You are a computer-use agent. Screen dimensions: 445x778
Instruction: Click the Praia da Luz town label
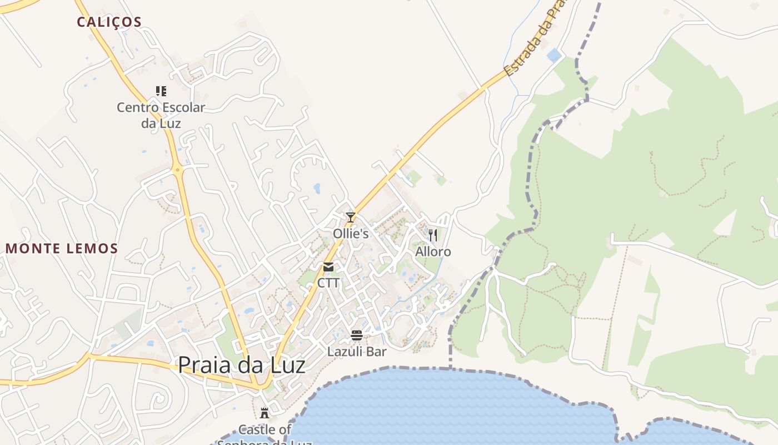pos(242,365)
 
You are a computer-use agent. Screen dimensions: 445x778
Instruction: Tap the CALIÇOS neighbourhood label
pos(109,22)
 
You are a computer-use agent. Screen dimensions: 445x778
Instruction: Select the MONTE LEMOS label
pos(62,249)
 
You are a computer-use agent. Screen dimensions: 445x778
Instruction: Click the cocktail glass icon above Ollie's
pos(350,217)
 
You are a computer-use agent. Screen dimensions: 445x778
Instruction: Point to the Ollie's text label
pos(351,234)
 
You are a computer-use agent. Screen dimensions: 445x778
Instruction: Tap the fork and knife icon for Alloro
pos(433,235)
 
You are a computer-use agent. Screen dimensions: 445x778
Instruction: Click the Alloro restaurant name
pos(433,252)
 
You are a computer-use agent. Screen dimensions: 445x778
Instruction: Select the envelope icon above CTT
pos(328,267)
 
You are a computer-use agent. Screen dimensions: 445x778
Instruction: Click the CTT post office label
pos(328,283)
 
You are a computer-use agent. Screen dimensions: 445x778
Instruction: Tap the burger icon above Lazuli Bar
pos(357,335)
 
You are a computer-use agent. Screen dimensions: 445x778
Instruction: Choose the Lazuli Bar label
pos(357,352)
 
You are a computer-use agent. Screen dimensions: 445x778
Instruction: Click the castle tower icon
pos(265,413)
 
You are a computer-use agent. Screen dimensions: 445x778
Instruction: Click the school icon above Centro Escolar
pos(161,91)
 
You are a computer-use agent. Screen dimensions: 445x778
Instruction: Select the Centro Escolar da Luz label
pos(161,115)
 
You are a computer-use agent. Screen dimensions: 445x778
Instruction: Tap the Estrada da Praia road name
pos(534,39)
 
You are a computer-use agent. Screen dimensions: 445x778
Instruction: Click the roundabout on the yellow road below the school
pos(177,170)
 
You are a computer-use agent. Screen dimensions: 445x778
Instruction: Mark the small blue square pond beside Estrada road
pos(553,55)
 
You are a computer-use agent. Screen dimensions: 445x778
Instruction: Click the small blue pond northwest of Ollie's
pos(317,189)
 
